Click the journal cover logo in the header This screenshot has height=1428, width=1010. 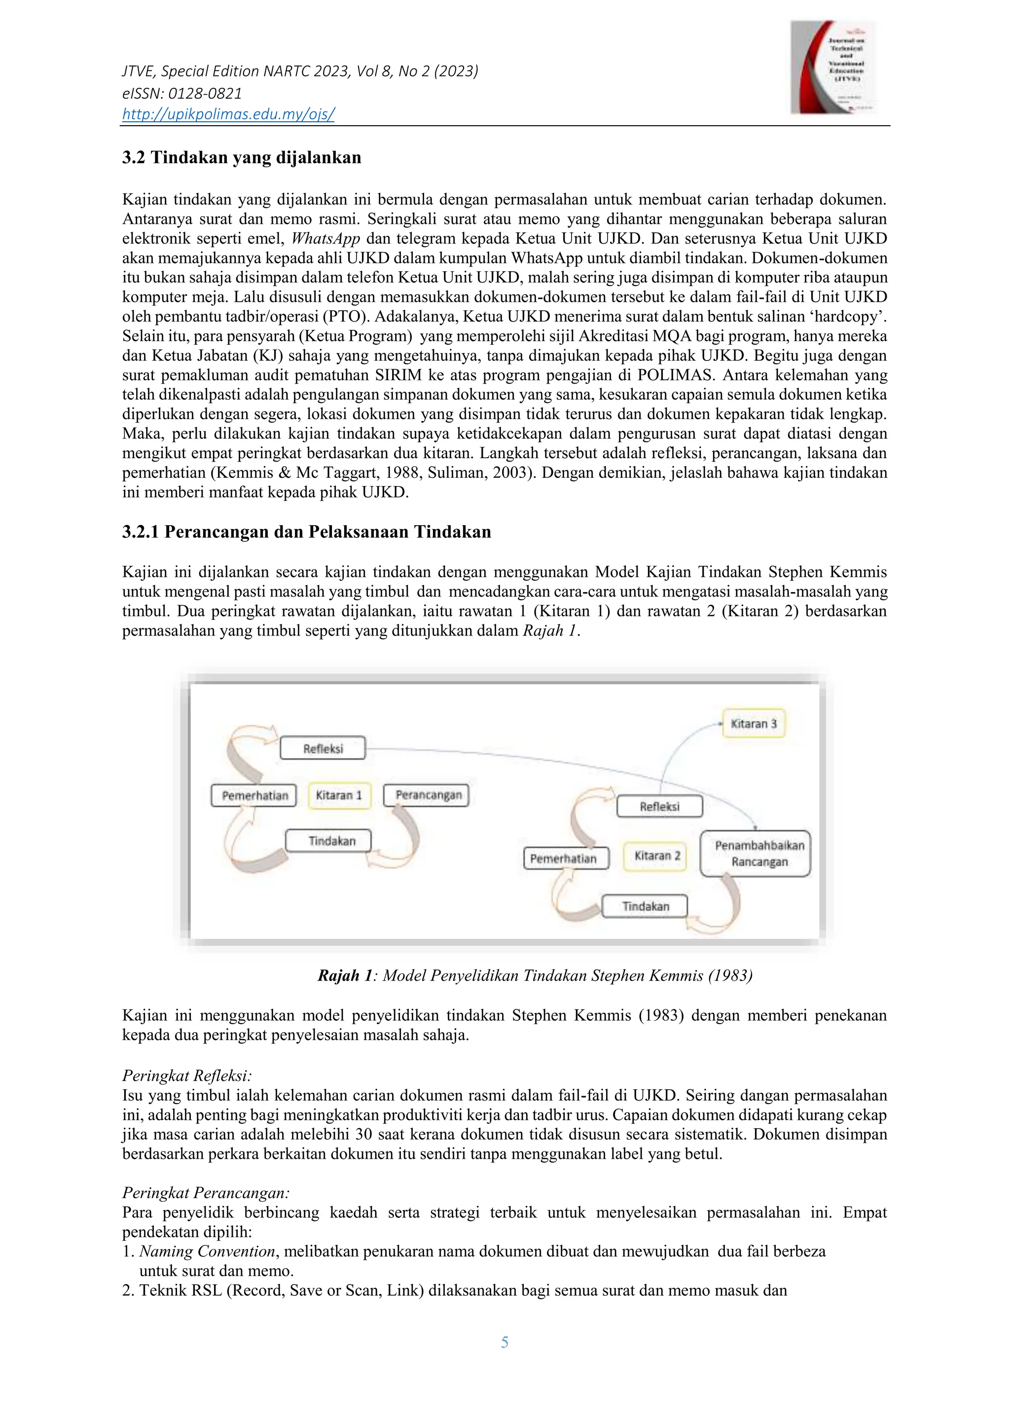click(x=833, y=67)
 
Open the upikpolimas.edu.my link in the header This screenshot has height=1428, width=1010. click(x=228, y=114)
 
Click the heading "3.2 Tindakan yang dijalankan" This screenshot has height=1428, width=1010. click(x=241, y=158)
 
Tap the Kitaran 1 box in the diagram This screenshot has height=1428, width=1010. click(x=339, y=795)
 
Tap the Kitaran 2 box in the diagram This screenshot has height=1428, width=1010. click(x=657, y=856)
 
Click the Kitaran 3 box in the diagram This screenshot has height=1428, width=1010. click(x=754, y=724)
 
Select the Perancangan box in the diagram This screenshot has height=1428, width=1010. click(x=429, y=795)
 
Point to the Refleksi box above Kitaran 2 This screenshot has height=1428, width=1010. click(x=659, y=807)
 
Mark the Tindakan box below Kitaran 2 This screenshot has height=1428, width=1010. click(x=646, y=906)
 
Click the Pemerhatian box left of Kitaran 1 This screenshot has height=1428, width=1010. click(x=255, y=796)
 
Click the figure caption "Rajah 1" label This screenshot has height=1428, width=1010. click(x=345, y=975)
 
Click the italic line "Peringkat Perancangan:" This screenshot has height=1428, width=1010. click(x=206, y=1193)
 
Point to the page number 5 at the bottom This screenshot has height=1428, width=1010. click(x=505, y=1342)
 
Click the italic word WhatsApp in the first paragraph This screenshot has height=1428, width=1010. click(x=325, y=239)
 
